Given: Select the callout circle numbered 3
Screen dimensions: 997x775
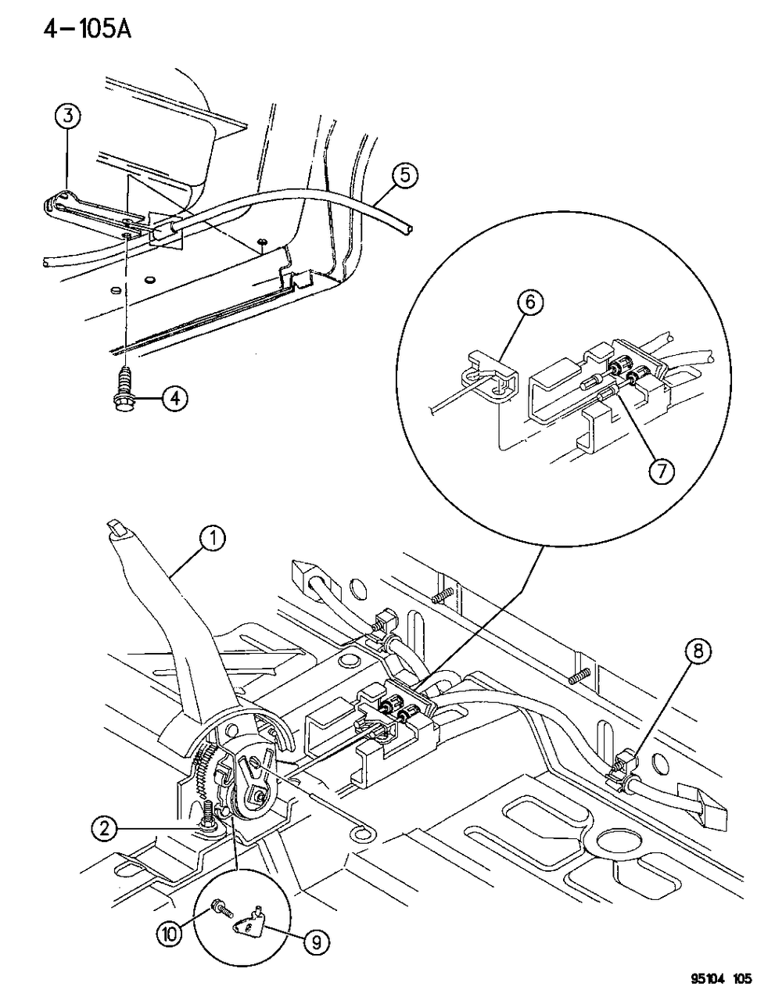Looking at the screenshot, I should click(x=67, y=117).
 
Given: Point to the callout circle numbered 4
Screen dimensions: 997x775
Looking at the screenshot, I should click(x=175, y=399).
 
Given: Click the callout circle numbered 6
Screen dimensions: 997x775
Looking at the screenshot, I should click(x=529, y=303).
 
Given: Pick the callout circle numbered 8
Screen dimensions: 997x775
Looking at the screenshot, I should click(x=698, y=651).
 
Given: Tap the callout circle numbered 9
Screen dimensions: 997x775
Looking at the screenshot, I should click(x=315, y=944).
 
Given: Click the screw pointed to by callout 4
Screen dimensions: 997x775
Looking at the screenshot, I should click(x=126, y=389).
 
